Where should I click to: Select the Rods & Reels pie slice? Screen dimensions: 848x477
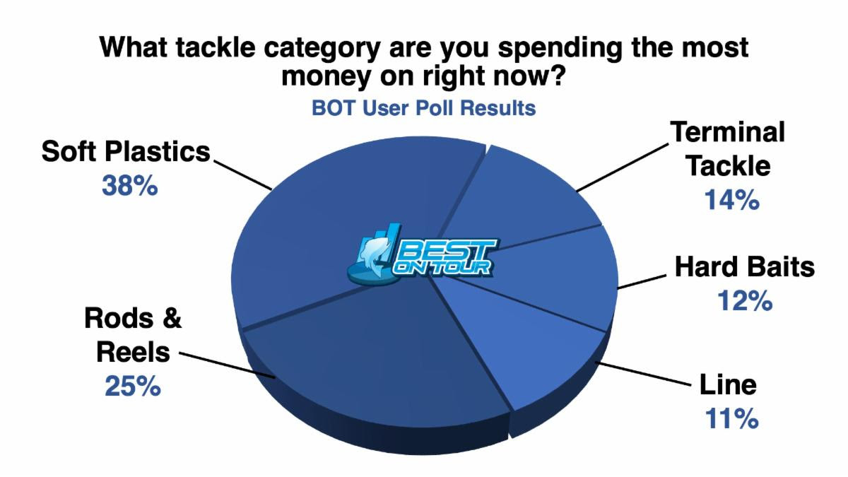coord(379,363)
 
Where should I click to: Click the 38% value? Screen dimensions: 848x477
coord(130,186)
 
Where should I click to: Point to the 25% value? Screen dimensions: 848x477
coord(133,386)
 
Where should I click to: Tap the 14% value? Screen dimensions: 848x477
coord(732,199)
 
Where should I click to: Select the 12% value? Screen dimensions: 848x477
coord(745,301)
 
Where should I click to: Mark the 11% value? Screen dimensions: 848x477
coord(732,418)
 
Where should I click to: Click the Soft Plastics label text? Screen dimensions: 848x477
coord(126,152)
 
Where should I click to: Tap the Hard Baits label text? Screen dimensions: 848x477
coord(745,267)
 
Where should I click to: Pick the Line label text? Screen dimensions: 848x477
coord(728,384)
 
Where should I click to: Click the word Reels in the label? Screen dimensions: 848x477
coord(134,352)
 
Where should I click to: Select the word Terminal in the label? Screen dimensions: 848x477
coord(728,132)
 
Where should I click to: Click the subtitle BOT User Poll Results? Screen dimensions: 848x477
coord(423,108)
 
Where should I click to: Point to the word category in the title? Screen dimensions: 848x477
coord(322,48)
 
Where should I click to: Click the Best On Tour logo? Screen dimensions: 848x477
coord(423,253)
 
